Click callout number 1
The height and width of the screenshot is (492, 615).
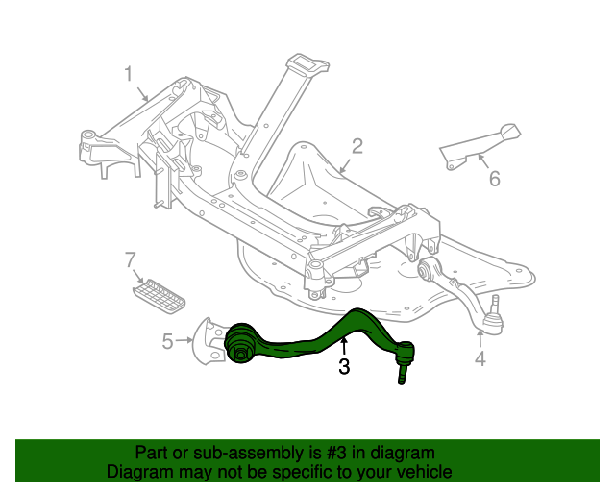[x=128, y=73]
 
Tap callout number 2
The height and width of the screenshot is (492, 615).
[x=357, y=146]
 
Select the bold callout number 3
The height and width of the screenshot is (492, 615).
[x=343, y=365]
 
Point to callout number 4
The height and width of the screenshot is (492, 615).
[x=480, y=359]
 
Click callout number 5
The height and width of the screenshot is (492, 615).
[x=167, y=341]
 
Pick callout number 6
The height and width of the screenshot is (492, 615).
[x=494, y=179]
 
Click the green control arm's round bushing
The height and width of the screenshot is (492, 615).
[x=239, y=346]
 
